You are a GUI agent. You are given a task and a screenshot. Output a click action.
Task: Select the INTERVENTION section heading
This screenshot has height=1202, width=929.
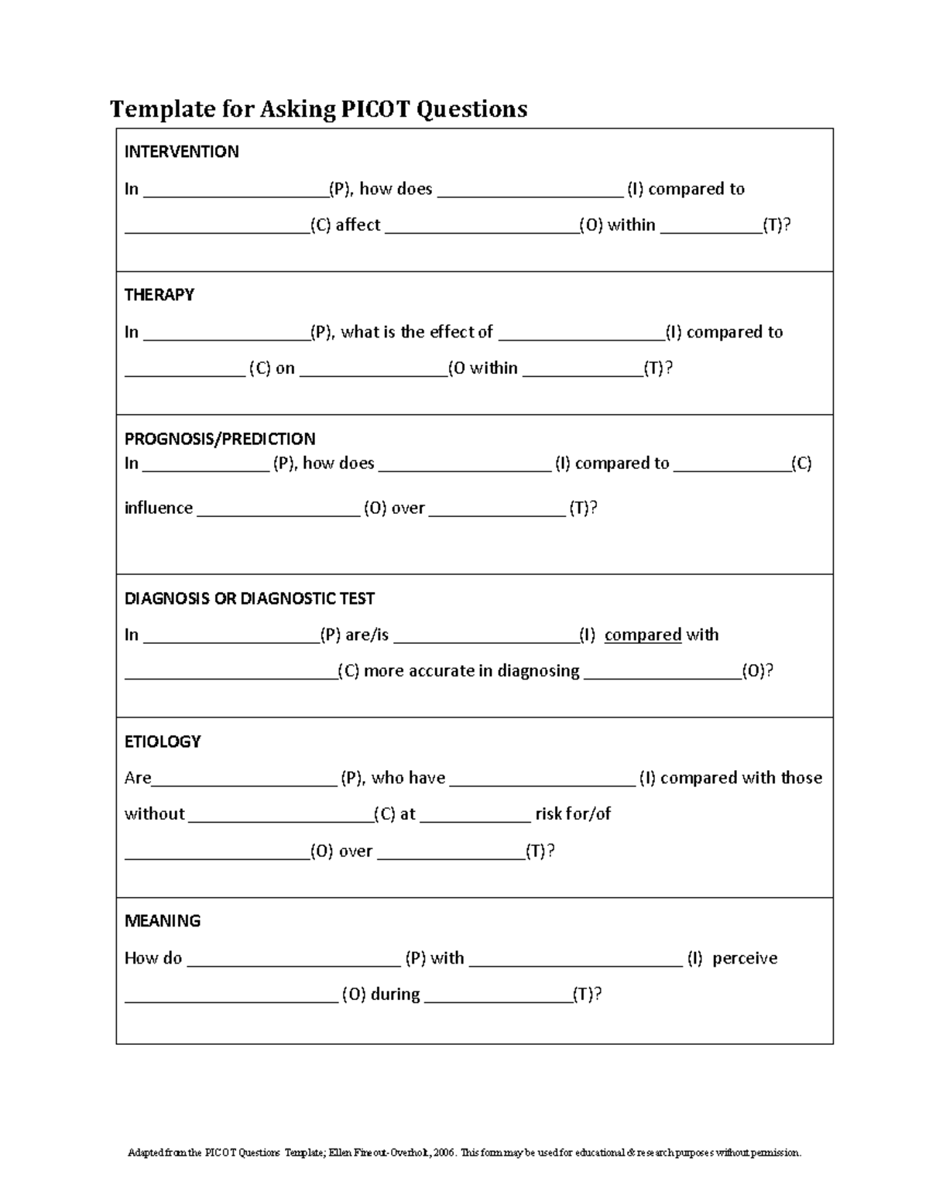[181, 152]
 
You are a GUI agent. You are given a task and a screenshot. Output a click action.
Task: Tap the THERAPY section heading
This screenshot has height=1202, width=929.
[159, 295]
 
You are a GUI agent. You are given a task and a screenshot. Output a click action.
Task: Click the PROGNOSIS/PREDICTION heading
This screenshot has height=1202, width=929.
[220, 439]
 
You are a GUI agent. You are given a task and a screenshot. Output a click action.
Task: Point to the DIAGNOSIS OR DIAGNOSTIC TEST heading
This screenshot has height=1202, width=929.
[249, 598]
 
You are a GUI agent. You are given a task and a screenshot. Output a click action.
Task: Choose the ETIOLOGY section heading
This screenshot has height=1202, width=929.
[163, 741]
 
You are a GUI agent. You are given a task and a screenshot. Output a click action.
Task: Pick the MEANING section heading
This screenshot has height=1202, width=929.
[163, 921]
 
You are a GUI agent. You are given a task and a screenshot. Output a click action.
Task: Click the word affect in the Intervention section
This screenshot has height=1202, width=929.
[357, 225]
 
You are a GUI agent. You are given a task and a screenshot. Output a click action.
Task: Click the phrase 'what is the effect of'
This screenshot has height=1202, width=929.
[417, 332]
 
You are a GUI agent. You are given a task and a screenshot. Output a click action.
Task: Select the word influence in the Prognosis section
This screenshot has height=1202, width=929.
[159, 508]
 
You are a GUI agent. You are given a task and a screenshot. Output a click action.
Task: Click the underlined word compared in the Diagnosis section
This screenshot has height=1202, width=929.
[643, 635]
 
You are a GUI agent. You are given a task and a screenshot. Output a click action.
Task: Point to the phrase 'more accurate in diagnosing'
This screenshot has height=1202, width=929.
[471, 671]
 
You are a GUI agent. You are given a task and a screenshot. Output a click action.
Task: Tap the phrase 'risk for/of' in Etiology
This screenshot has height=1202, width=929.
[573, 814]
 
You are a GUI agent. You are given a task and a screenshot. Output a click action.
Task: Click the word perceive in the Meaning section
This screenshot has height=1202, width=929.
[744, 958]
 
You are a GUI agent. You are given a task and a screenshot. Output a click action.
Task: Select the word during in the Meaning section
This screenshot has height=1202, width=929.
[395, 995]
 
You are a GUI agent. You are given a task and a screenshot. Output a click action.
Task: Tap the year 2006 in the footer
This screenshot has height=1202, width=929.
[444, 1152]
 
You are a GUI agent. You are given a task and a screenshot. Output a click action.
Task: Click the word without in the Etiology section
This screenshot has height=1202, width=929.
[155, 814]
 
